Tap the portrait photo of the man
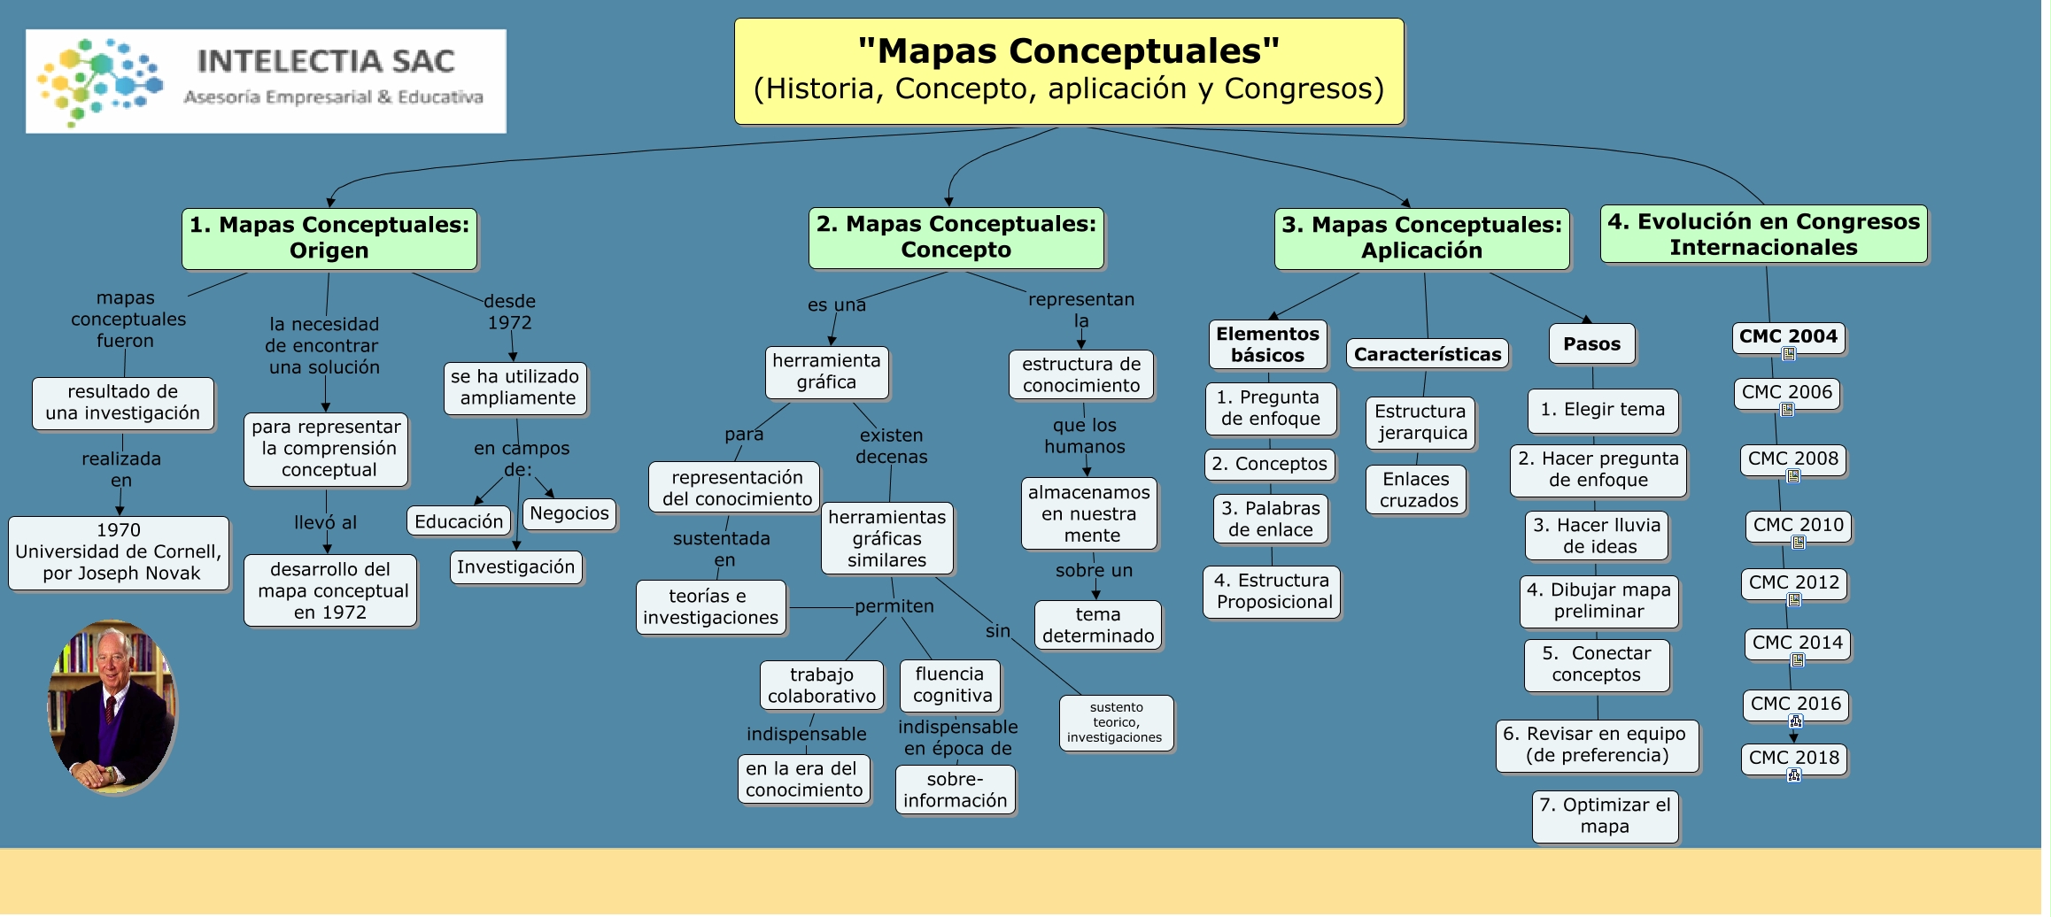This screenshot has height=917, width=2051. pos(112,706)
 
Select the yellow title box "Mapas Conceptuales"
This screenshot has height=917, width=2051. pos(1068,71)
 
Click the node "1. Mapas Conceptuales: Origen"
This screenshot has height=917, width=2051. pos(329,238)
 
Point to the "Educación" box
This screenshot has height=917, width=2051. pos(458,521)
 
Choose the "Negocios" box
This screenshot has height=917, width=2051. pos(569,513)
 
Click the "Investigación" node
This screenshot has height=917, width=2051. pos(515,567)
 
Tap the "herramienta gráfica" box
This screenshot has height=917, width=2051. pos(826,372)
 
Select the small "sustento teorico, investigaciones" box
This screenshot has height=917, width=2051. pos(1115,722)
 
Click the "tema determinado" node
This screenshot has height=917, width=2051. pos(1097,625)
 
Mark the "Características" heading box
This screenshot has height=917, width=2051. pos(1427,354)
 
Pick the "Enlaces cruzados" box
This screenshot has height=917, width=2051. pos(1417,489)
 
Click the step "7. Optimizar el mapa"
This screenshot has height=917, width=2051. pos(1604,816)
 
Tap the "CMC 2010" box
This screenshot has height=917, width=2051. pos(1798,525)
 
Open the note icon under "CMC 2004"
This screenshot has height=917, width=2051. pos(1788,354)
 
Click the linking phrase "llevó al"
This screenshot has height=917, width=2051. pos(325,522)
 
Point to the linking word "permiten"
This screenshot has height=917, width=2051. pos(894,606)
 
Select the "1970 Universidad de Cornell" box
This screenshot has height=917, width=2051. pos(119,551)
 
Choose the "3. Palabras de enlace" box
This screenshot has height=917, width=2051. pos(1270,519)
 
